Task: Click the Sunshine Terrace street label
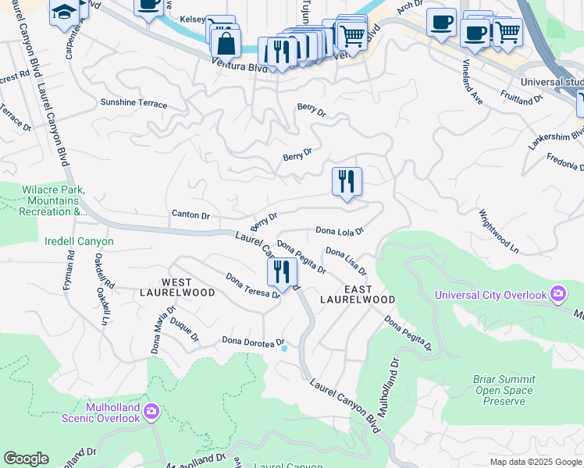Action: pyautogui.click(x=134, y=103)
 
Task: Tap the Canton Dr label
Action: pyautogui.click(x=191, y=215)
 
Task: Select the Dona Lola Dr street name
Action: pyautogui.click(x=340, y=231)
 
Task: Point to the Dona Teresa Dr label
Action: pyautogui.click(x=253, y=285)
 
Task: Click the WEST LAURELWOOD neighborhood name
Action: pyautogui.click(x=188, y=287)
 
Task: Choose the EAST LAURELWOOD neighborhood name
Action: pyautogui.click(x=358, y=293)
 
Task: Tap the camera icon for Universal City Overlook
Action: pyautogui.click(x=557, y=294)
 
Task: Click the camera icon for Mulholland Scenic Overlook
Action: pyautogui.click(x=151, y=410)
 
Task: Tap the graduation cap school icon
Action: pyautogui.click(x=62, y=12)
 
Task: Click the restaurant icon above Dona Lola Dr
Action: pyautogui.click(x=347, y=182)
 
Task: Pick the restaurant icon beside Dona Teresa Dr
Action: pyautogui.click(x=282, y=272)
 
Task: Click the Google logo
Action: pyautogui.click(x=26, y=459)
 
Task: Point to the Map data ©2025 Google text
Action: pyautogui.click(x=535, y=462)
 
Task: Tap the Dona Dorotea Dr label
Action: pyautogui.click(x=252, y=340)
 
